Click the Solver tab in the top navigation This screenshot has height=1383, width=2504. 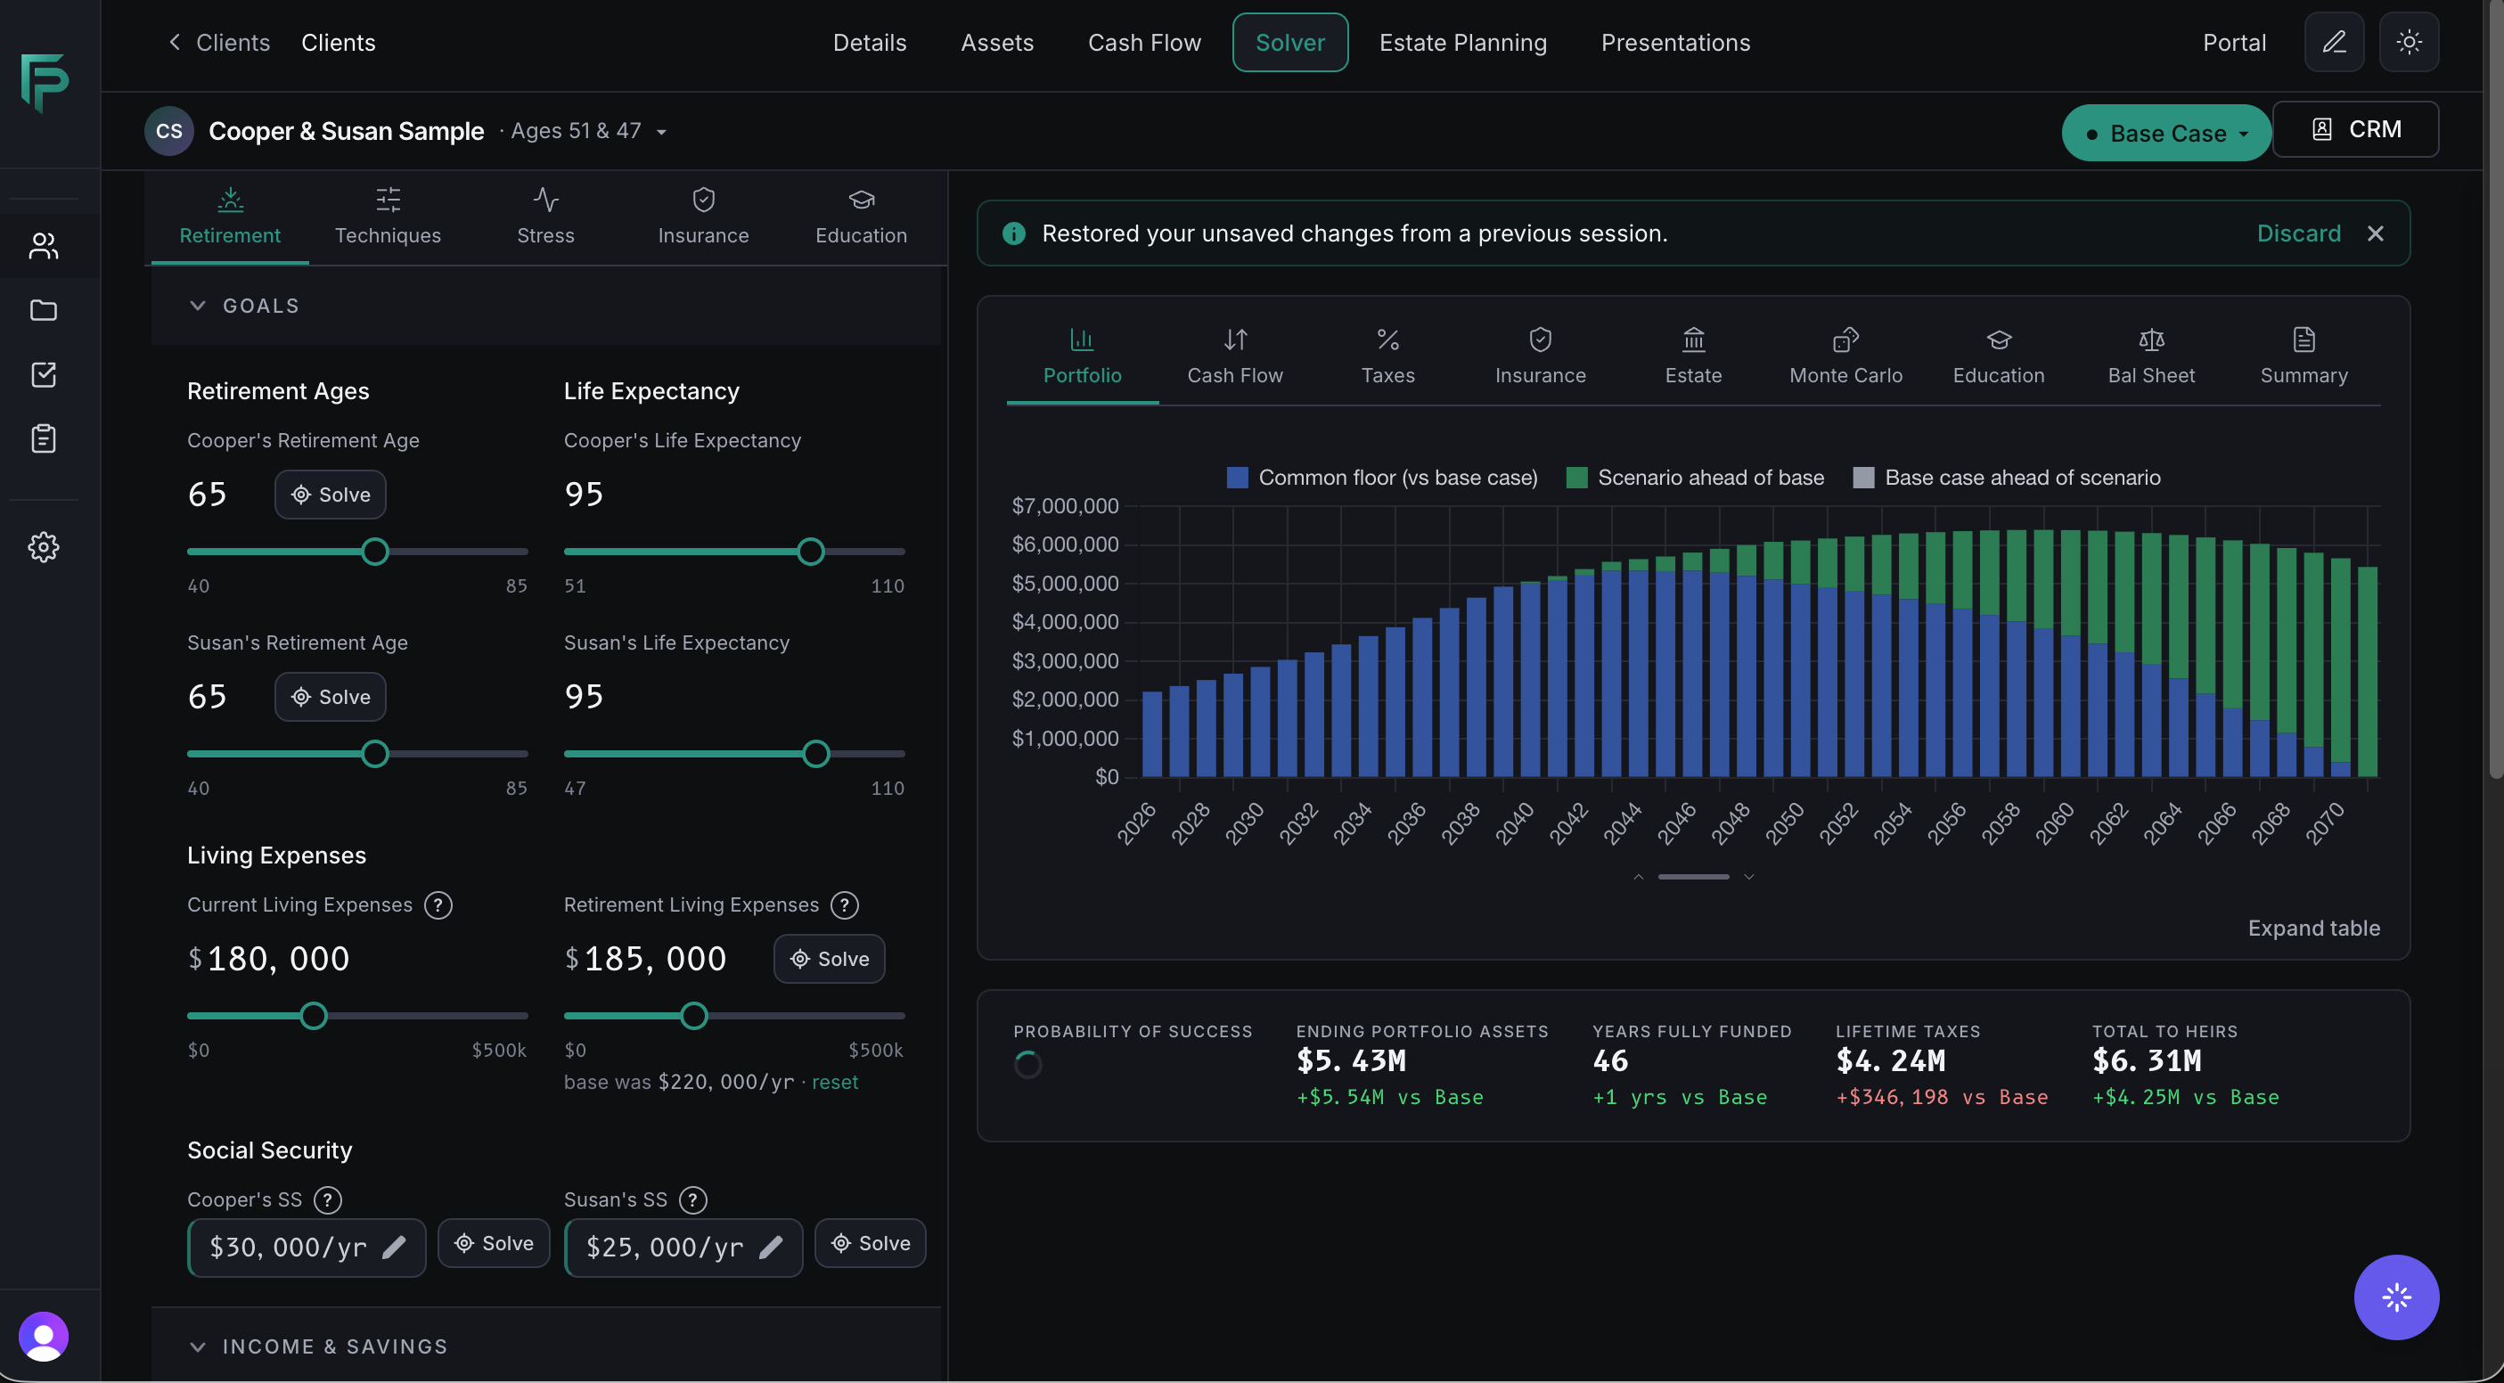pos(1290,43)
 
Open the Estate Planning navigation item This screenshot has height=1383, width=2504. pos(1463,43)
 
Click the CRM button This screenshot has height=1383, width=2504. pos(2355,129)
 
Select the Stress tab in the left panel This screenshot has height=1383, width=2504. pos(545,217)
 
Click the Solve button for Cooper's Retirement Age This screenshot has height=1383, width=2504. pos(331,495)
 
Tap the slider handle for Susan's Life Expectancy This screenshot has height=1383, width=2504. pos(816,754)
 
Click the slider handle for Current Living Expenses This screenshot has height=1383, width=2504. pos(313,1017)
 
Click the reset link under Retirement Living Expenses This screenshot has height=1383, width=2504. pos(835,1083)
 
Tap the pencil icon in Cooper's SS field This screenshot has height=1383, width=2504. pos(395,1247)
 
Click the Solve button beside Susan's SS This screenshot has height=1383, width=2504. pos(870,1243)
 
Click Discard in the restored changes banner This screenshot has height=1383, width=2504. pos(2299,233)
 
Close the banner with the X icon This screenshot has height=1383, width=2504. pos(2376,233)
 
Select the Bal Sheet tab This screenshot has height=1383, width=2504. pos(2151,356)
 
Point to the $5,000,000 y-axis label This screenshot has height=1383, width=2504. pos(1066,583)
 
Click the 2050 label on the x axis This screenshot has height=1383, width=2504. pos(1785,824)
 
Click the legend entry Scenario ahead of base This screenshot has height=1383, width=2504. pos(1695,478)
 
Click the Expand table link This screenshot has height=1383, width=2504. pos(2313,929)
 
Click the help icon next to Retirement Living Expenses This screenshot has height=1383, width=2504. pos(845,905)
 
